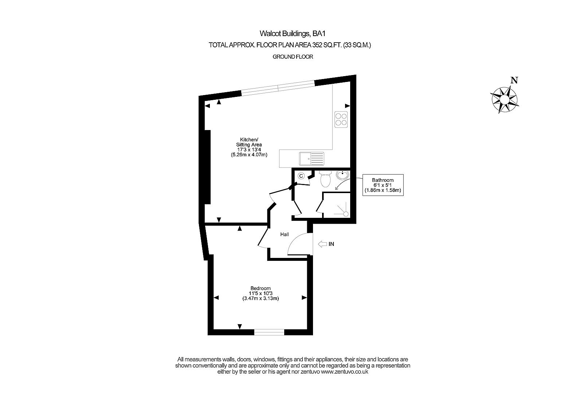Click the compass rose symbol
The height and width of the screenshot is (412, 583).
coord(505,99)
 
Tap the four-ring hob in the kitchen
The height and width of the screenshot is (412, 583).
coord(341,119)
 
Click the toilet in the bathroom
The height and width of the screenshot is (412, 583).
coord(325,179)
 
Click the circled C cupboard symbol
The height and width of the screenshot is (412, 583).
coord(301,176)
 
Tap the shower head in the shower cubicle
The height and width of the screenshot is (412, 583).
coord(345,213)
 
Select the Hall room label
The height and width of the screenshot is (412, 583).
coord(285,234)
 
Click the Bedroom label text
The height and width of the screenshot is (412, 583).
coord(261,288)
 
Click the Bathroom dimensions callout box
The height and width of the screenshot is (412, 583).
coord(383,185)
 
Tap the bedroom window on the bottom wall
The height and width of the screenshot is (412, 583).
coord(269,332)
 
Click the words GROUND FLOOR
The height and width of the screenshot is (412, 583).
coord(293,57)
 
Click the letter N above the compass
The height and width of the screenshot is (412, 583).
coord(514,81)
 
